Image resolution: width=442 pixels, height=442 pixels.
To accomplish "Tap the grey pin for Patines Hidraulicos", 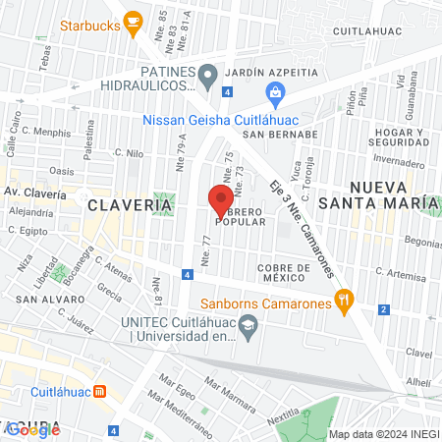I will click(207, 75).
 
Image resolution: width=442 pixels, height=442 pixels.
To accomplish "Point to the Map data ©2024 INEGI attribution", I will click(383, 433).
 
